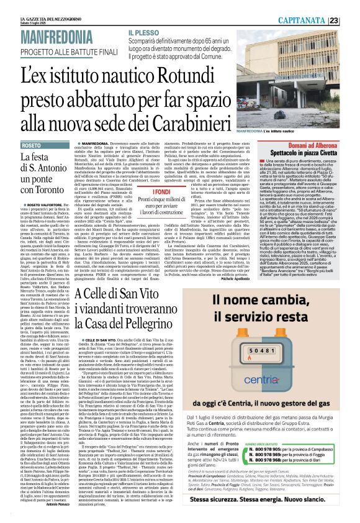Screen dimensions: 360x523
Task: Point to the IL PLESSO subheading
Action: pyautogui.click(x=144, y=32)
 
